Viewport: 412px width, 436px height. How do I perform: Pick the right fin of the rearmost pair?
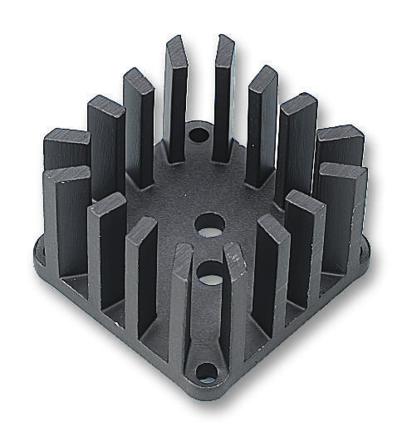[224, 96]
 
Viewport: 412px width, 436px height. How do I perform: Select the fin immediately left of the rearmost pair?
[140, 125]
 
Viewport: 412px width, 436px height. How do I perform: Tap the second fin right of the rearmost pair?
[295, 145]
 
